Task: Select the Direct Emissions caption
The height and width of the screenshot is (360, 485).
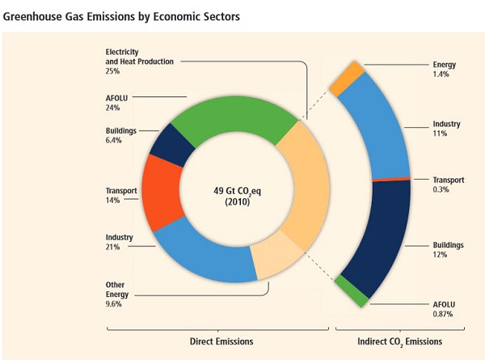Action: [x=218, y=342]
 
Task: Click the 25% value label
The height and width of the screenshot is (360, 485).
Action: [x=113, y=71]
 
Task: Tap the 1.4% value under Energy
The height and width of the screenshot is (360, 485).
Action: [x=441, y=74]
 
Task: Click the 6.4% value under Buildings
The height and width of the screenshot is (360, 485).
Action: [x=114, y=140]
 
